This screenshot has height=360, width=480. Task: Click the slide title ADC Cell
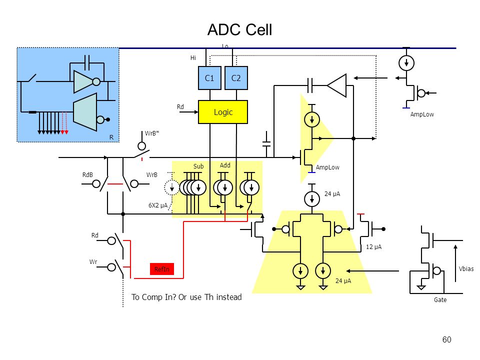[239, 30]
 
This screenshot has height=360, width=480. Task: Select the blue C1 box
[209, 78]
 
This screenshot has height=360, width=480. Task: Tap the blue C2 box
[236, 78]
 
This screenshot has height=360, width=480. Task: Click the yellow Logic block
[223, 112]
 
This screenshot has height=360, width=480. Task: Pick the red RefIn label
[162, 269]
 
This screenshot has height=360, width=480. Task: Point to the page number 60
[446, 339]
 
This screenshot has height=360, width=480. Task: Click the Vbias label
[466, 269]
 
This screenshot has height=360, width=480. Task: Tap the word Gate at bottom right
[440, 300]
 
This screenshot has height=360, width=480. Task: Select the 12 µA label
[374, 247]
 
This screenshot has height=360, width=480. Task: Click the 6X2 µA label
[158, 205]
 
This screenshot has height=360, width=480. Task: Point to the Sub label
[198, 166]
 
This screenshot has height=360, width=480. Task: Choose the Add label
[225, 165]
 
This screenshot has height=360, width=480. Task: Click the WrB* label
[152, 133]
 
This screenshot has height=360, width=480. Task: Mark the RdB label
[87, 175]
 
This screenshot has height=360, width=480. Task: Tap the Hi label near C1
[193, 58]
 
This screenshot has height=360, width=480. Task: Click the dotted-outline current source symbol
[171, 187]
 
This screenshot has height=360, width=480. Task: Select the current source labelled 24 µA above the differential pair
[312, 199]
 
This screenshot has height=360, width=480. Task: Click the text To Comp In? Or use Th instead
[186, 297]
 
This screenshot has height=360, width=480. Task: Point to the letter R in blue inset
[111, 137]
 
